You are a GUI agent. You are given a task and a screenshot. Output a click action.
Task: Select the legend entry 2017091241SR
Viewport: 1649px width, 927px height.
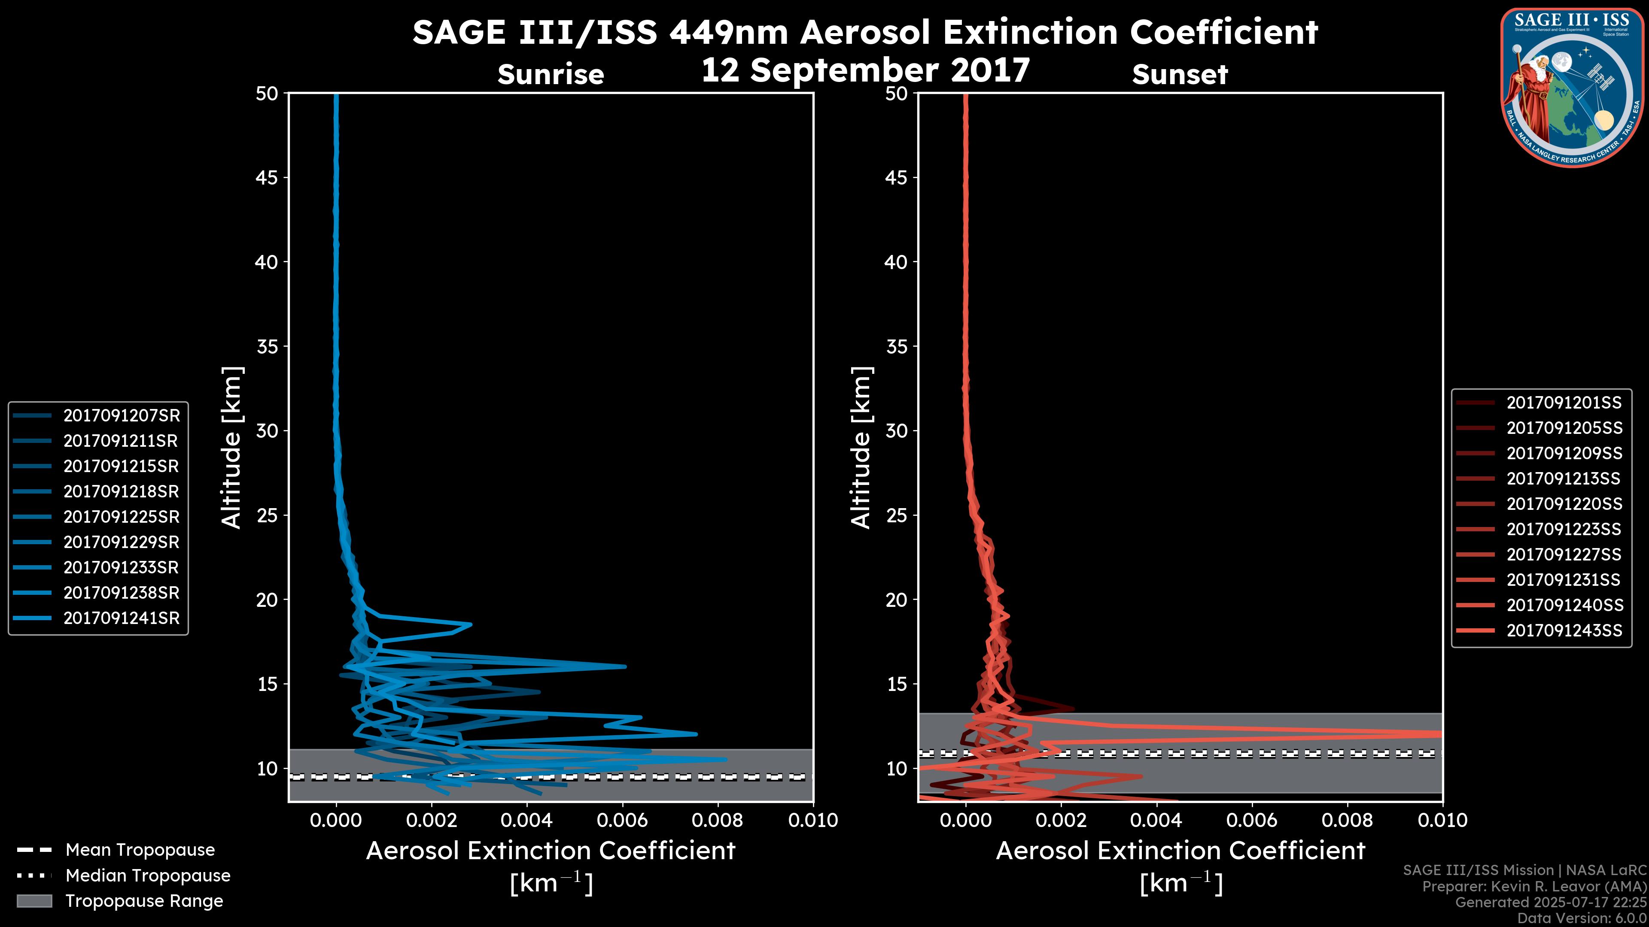click(122, 618)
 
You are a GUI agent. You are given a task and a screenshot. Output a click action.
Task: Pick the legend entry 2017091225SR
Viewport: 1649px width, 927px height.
click(122, 517)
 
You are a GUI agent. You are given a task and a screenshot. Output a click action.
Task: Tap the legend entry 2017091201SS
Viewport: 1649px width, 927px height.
click(1564, 403)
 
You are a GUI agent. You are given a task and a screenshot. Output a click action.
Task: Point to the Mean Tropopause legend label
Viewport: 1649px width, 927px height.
click(140, 850)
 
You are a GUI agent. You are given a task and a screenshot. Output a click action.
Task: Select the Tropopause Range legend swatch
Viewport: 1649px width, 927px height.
click(34, 901)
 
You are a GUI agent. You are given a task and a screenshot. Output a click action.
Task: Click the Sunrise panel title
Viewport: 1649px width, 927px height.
click(551, 75)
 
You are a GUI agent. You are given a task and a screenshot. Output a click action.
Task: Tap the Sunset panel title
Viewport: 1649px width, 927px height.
click(1180, 75)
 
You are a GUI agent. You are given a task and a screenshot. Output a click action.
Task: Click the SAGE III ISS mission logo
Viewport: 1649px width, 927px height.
click(1573, 88)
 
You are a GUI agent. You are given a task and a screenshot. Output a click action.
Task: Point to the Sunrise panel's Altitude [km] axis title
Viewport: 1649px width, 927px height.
click(231, 448)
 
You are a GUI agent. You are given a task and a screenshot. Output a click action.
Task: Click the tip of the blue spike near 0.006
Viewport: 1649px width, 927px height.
click(625, 666)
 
